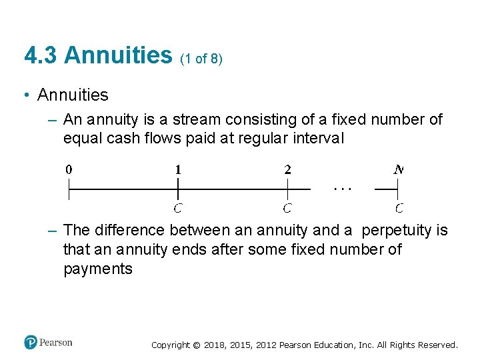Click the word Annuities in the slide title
(x=119, y=55)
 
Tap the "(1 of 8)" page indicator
(x=201, y=59)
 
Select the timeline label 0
(x=69, y=169)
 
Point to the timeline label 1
(x=178, y=169)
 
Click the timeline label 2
(x=287, y=169)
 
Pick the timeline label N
(x=398, y=169)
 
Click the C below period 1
(x=178, y=208)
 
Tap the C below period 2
(x=287, y=208)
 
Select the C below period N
(x=399, y=208)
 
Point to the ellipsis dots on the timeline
(x=342, y=189)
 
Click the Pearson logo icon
(x=31, y=342)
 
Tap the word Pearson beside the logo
(x=56, y=343)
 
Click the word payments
(x=98, y=269)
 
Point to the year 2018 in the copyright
(x=215, y=345)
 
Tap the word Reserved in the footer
(x=437, y=345)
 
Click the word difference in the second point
(x=129, y=231)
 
